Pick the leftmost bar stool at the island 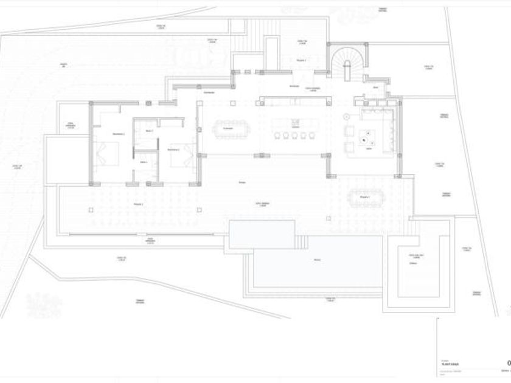277,136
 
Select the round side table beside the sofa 346,116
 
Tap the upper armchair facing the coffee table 350,129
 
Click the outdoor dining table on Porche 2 364,198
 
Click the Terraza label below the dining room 242,182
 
